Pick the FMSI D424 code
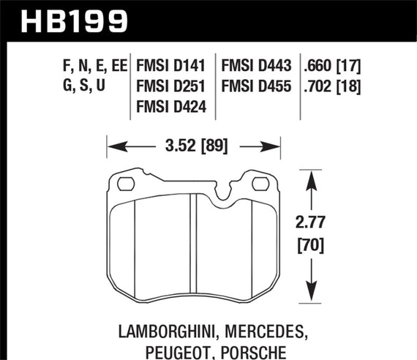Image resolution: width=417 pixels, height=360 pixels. point(171,108)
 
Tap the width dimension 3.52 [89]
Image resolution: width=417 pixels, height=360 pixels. point(195,145)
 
